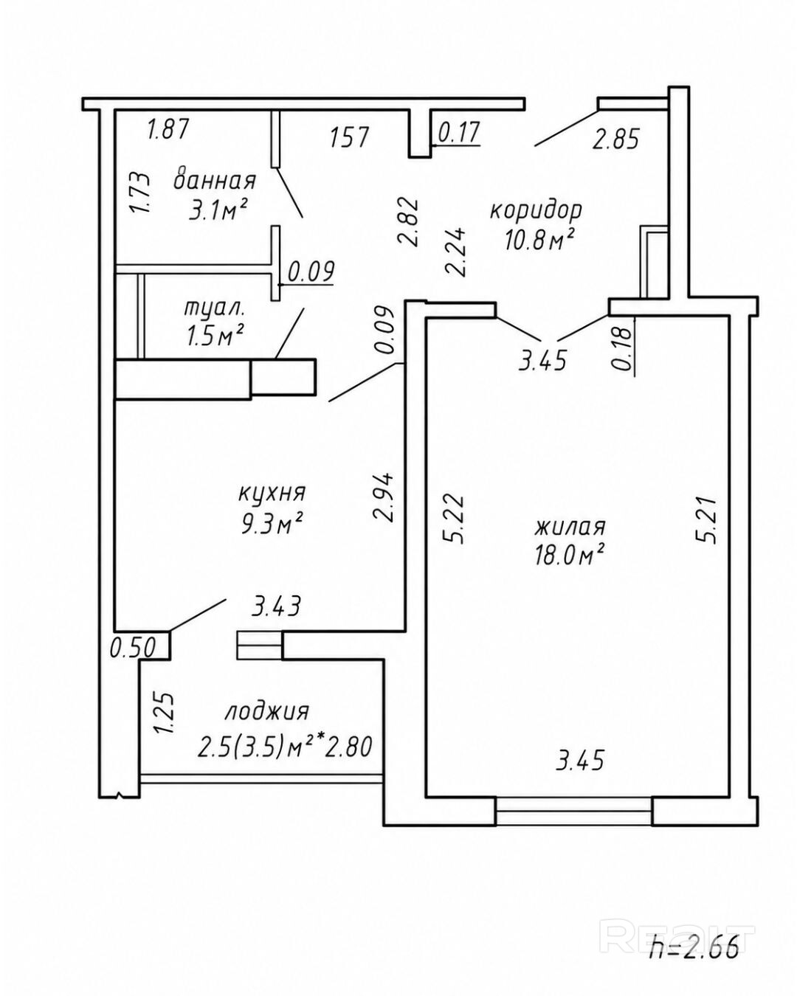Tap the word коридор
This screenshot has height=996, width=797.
536,211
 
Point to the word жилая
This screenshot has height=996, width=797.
570,527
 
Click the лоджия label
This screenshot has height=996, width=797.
266,711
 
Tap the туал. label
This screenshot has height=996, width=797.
213,308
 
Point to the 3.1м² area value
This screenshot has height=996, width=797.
216,210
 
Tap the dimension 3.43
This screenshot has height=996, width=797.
277,606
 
